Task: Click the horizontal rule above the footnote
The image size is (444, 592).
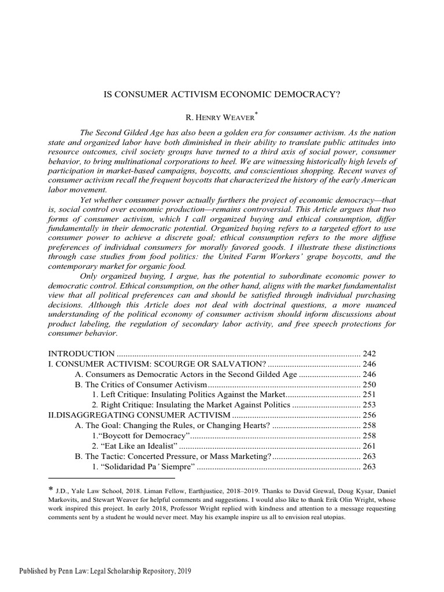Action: coord(111,479)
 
